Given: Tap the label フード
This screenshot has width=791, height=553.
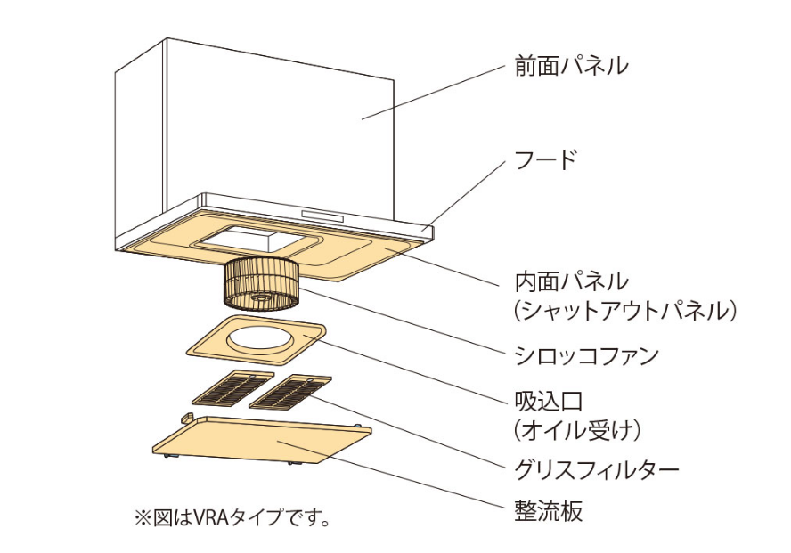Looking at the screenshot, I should pyautogui.click(x=546, y=161).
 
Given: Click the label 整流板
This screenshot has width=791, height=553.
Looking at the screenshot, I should pyautogui.click(x=549, y=512).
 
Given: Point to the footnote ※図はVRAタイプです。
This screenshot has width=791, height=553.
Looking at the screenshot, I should pyautogui.click(x=232, y=517).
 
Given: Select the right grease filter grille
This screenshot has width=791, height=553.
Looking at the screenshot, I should pyautogui.click(x=291, y=391).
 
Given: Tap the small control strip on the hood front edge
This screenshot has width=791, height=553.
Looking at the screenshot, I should pyautogui.click(x=324, y=216).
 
